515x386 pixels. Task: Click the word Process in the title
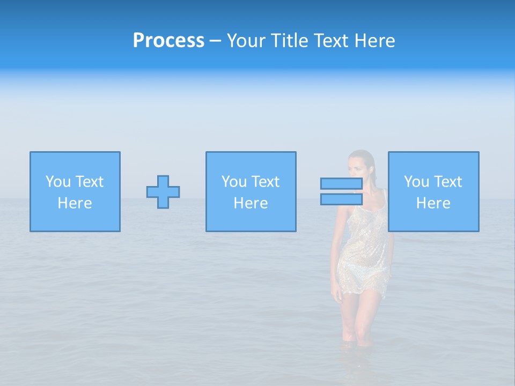pos(168,41)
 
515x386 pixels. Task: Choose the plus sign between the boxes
pos(163,192)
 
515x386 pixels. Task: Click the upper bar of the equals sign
pos(341,184)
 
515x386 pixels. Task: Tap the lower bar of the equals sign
pos(341,199)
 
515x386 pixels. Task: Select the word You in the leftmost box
pos(58,182)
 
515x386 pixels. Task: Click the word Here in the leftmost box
pos(75,203)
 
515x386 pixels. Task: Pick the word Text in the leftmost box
pos(89,182)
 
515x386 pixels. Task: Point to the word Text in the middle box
pos(264,182)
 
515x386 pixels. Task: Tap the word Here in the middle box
pos(251,203)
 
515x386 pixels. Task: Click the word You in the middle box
pos(234,182)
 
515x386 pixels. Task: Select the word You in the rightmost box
pos(417,182)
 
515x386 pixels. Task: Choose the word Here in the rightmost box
pos(433,203)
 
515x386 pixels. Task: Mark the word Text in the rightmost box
pos(447,182)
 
